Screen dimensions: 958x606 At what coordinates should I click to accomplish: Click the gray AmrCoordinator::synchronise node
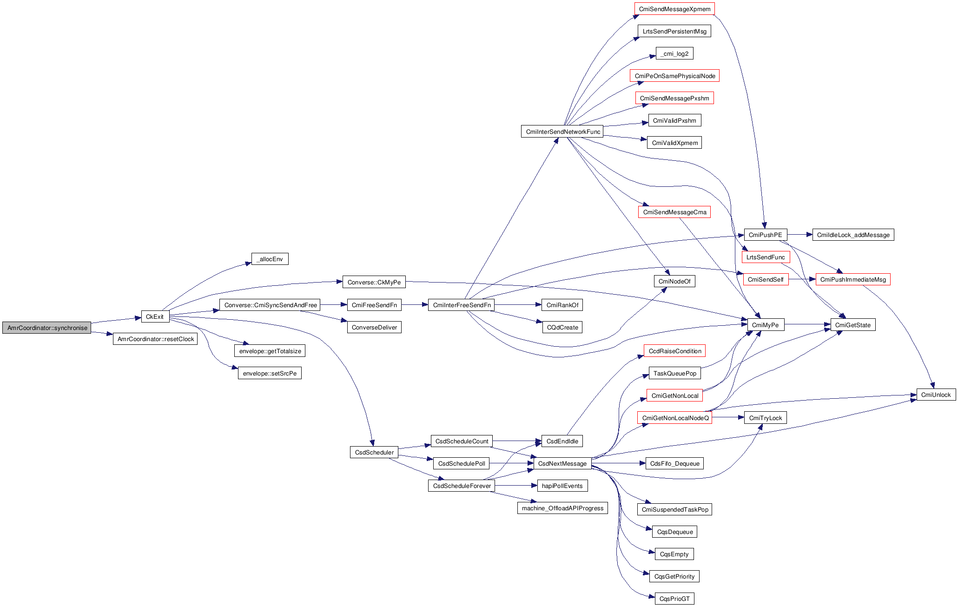(46, 328)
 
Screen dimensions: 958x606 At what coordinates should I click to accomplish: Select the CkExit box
(155, 316)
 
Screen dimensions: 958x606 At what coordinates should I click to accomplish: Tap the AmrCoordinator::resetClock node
(155, 339)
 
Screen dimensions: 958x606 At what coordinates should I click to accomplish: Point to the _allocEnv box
(270, 259)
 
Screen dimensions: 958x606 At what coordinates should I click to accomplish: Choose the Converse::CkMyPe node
(374, 282)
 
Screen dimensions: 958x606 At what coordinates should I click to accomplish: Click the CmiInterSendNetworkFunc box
(562, 132)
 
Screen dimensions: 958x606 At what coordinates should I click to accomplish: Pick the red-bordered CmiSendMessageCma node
(674, 212)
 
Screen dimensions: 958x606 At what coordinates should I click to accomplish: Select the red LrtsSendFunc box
(766, 257)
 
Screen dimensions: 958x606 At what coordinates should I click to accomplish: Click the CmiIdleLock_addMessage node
(853, 235)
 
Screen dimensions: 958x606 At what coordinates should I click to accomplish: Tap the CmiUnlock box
(936, 395)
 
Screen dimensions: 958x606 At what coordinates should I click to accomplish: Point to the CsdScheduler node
(374, 452)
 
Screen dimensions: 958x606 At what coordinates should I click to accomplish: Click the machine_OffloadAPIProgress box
(562, 508)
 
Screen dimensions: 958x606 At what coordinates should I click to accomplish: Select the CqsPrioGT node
(674, 599)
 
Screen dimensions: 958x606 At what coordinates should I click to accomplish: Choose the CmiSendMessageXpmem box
(674, 9)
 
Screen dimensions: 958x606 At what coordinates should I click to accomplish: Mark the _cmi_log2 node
(674, 53)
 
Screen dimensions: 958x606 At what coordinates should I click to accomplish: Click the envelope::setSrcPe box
(270, 373)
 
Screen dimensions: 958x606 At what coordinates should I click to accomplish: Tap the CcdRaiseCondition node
(674, 351)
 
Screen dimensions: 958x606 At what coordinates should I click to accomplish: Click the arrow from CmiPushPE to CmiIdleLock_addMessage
(799, 235)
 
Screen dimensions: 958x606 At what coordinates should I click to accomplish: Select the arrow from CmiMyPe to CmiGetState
(807, 324)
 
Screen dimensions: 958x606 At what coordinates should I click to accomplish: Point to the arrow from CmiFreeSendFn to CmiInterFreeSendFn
(415, 305)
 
